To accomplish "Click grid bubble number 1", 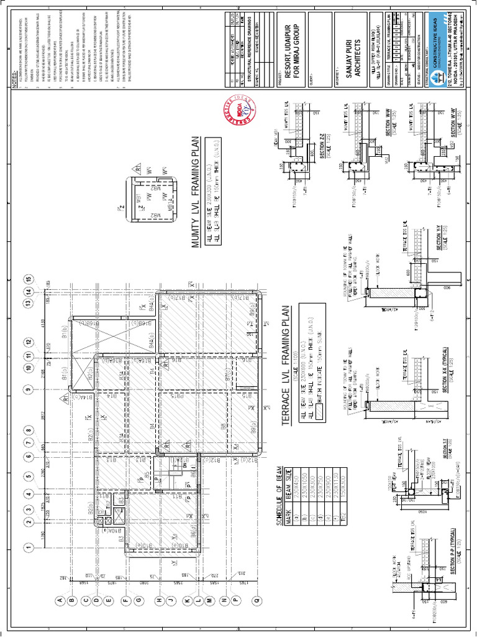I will pyautogui.click(x=28, y=547).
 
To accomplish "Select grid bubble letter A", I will pyautogui.click(x=60, y=600).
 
